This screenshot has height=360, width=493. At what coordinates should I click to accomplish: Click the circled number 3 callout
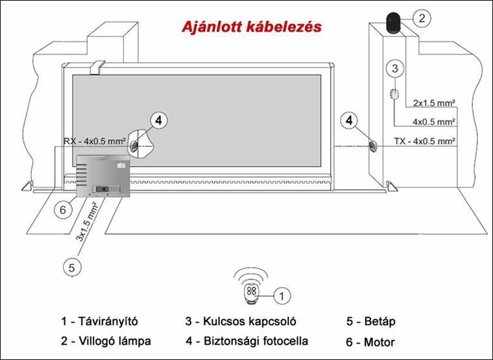(396, 67)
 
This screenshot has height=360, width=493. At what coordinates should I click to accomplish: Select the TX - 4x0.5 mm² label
(424, 141)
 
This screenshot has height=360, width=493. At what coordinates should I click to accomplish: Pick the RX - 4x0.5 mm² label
(93, 141)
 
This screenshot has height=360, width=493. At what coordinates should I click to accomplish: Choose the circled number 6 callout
(62, 210)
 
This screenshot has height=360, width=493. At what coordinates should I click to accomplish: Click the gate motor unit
(104, 175)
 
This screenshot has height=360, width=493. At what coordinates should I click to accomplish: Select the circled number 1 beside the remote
(280, 296)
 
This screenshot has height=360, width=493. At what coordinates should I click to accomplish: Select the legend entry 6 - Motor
(371, 342)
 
